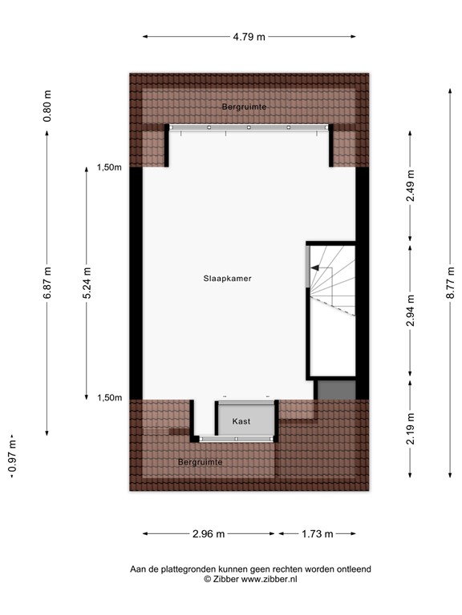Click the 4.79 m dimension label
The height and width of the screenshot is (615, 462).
pos(249,36)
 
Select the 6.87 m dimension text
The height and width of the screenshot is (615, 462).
pos(47,283)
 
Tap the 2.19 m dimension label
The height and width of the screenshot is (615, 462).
pos(411,428)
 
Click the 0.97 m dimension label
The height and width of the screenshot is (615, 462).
pos(11,456)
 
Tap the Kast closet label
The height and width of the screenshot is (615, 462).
pos(241,420)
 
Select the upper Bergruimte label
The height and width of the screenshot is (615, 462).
pos(245,107)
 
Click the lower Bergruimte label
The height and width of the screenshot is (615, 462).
pos(200,462)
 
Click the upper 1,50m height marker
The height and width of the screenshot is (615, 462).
pos(110,167)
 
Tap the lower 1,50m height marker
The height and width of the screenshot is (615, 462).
pos(110,398)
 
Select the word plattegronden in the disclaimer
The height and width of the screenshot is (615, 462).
pos(197,569)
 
